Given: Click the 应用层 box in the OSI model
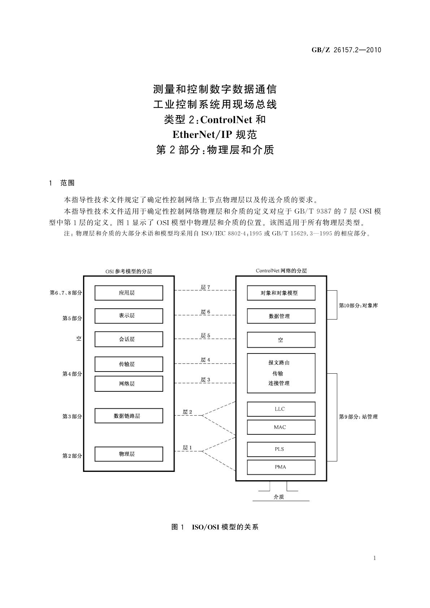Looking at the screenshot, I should tap(129, 293).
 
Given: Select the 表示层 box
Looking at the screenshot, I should tap(129, 316).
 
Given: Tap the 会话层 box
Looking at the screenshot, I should tap(129, 339).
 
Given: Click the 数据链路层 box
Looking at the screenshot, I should tap(129, 416).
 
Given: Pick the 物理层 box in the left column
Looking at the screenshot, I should tap(129, 454).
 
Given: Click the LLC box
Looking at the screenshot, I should tap(281, 409).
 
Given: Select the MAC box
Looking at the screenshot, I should tap(281, 427).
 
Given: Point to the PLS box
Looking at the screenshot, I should tap(281, 449).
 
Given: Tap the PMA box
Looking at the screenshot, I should tap(281, 467).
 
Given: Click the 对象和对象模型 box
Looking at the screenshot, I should tap(281, 293).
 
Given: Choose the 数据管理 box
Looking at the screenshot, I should tap(281, 316).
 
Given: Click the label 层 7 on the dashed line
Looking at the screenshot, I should tap(205, 287).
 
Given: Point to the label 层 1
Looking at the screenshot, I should tap(187, 448).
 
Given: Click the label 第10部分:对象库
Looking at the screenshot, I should tap(358, 305).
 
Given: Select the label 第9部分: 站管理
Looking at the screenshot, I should tap(358, 417).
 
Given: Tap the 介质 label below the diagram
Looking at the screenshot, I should tap(279, 497).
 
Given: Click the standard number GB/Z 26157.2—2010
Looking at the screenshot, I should tap(346, 50).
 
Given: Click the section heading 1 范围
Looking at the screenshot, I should tap(62, 183).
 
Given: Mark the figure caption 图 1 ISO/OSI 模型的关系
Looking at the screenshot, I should tap(215, 527).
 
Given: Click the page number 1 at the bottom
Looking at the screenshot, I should tap(374, 558).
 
